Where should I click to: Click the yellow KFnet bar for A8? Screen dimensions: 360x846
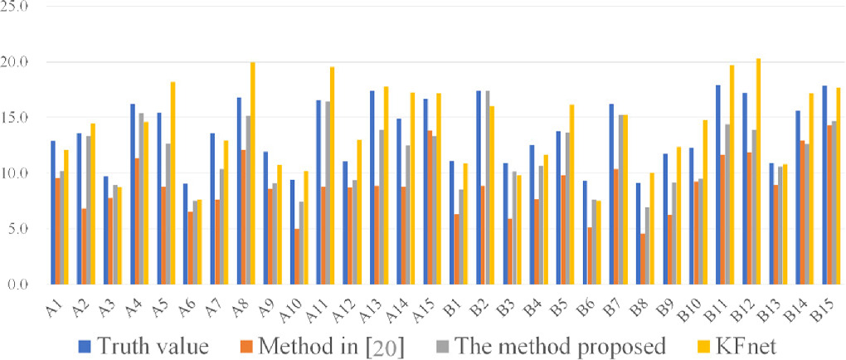(253, 173)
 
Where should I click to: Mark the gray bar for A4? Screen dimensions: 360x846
(142, 198)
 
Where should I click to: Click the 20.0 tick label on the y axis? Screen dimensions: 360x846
(16, 62)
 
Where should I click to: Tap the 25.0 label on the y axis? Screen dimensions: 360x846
(16, 7)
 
